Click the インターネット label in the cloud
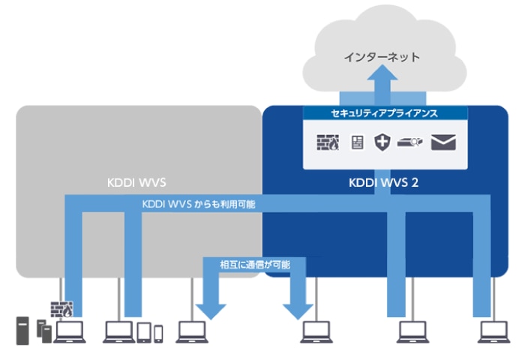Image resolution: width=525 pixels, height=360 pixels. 382,56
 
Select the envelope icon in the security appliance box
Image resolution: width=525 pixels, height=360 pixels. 444,142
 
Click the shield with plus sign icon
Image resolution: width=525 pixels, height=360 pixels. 383,142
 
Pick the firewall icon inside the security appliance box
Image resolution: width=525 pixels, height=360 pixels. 328,142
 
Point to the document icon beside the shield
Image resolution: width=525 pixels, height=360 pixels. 358,142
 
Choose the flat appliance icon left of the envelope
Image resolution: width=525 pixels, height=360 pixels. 412,142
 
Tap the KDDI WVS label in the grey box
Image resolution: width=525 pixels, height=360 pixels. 138,182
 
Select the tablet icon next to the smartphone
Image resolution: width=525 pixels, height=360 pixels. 144,331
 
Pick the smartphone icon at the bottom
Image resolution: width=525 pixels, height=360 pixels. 159,334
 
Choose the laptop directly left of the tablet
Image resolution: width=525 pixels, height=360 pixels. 118,331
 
